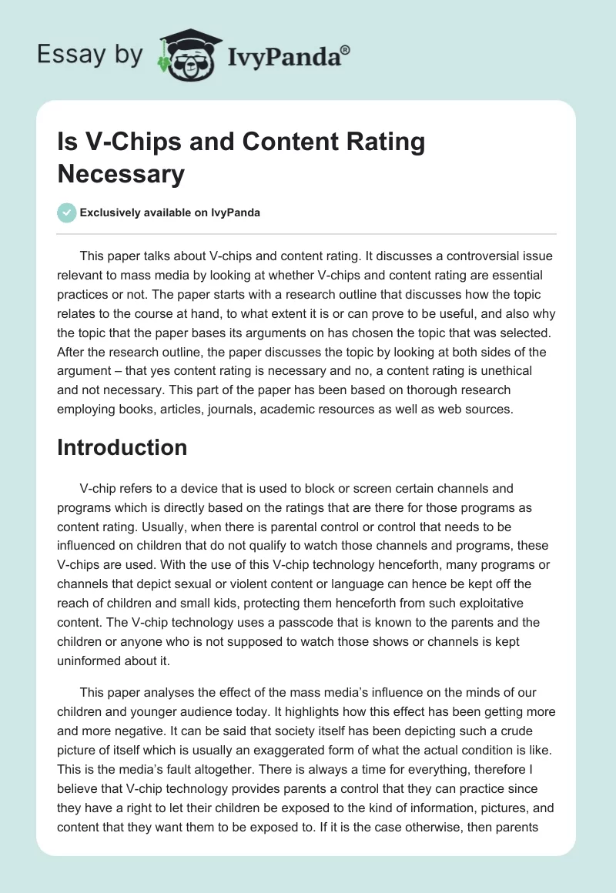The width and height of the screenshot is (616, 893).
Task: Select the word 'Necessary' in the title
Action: click(x=121, y=174)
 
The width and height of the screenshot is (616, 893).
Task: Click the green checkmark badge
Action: click(x=66, y=212)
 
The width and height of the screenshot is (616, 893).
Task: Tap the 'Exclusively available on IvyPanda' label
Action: click(x=170, y=212)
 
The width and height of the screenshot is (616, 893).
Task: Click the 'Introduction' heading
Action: click(x=122, y=447)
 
